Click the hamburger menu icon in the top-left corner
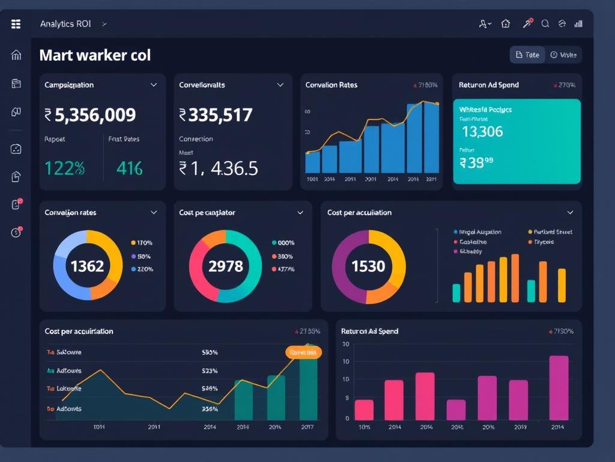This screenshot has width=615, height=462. (16, 24)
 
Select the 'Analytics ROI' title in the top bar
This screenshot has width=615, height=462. (65, 24)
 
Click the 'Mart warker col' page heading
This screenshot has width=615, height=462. (95, 55)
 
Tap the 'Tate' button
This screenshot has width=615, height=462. (527, 55)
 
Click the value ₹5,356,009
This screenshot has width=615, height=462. (90, 114)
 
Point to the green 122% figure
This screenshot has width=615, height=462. (64, 168)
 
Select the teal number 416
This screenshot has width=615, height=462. (130, 168)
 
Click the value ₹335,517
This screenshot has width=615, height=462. (216, 114)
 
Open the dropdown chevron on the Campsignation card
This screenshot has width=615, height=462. (154, 85)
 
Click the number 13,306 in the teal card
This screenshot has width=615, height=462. (482, 131)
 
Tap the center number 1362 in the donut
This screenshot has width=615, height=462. (88, 266)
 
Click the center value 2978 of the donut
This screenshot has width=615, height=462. (225, 266)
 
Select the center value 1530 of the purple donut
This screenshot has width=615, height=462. (368, 266)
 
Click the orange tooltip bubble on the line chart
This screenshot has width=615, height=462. (303, 353)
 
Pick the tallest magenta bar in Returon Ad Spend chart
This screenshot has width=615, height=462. (559, 387)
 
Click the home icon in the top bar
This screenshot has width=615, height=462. (506, 24)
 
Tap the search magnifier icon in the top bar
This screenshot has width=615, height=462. (545, 24)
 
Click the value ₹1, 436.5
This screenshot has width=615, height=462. (219, 168)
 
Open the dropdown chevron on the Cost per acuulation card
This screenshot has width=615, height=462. (570, 212)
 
